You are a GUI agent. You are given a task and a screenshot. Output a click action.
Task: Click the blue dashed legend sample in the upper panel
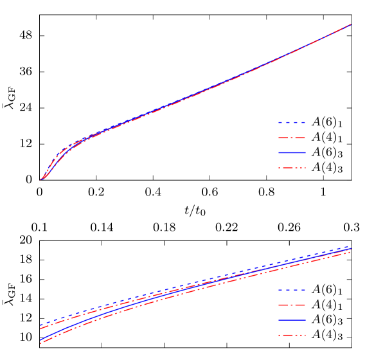292,122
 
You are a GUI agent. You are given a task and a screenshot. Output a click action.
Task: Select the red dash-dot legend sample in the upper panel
292,138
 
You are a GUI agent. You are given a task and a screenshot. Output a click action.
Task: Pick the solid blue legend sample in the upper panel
292,153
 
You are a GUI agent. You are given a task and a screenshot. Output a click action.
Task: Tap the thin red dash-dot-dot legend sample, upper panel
292,168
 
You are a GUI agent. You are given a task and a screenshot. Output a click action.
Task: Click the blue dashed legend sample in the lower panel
292,290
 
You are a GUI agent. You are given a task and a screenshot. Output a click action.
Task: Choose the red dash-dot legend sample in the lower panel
292,305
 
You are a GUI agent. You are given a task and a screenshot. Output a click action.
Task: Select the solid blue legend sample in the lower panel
292,320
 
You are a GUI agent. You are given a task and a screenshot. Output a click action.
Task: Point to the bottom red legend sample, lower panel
292,336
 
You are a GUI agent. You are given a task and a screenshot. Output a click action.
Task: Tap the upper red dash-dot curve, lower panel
193,285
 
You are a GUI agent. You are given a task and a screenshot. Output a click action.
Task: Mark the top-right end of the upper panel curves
351,24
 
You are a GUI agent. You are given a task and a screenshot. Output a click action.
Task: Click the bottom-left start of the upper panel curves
40,180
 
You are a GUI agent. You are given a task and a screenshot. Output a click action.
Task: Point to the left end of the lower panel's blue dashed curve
40,325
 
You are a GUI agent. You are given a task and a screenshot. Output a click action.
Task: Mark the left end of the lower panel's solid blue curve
40,339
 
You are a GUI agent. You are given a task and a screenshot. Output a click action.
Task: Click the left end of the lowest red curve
40,343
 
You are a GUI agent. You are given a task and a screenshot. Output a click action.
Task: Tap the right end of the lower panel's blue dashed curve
350,246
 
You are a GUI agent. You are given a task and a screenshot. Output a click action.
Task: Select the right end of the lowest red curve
350,252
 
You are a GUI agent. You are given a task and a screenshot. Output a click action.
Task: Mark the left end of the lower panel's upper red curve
40,328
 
